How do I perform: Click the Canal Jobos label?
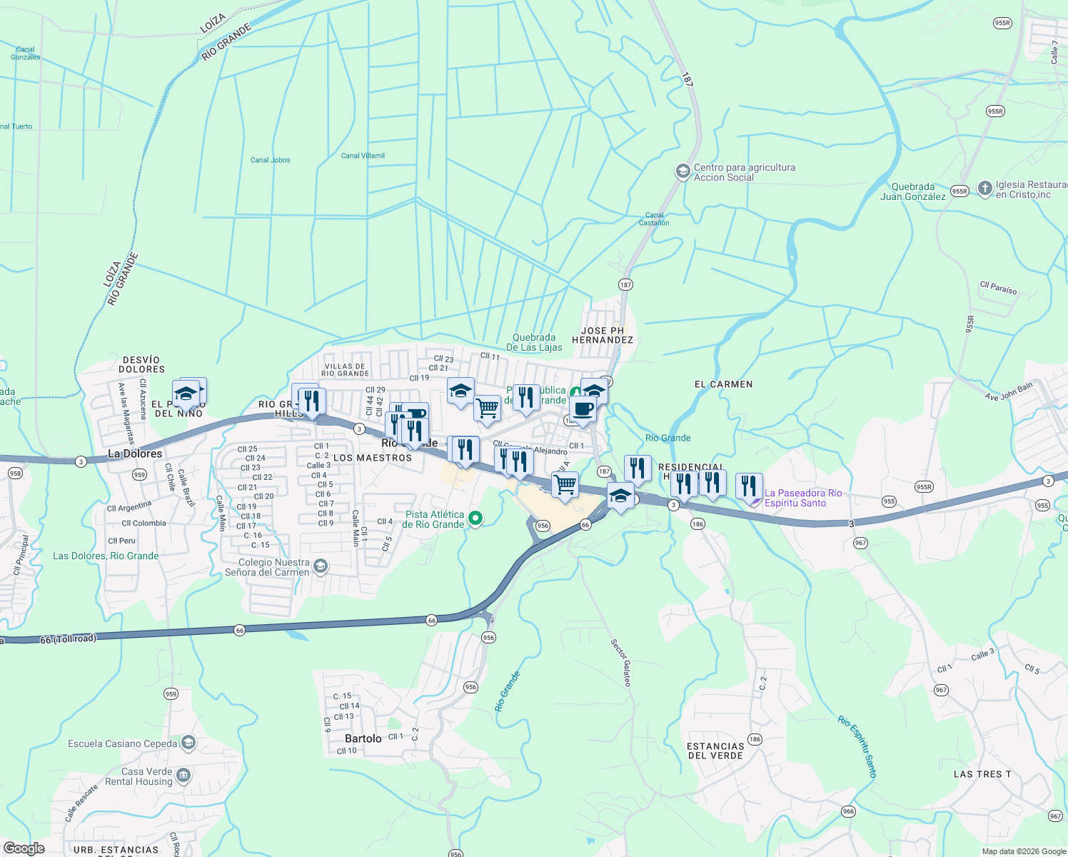pos(270,160)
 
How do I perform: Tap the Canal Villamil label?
pos(363,156)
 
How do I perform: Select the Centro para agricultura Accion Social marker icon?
pos(682,171)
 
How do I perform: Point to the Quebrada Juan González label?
pos(912,191)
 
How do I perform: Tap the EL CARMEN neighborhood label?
pos(723,384)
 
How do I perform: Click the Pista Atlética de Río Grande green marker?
pos(475,518)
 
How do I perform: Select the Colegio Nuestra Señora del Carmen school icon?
pos(321,567)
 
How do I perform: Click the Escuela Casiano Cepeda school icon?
pos(188,743)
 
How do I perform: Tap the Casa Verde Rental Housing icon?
pos(183,776)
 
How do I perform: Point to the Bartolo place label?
pos(363,738)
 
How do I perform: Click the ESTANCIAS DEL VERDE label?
pos(715,751)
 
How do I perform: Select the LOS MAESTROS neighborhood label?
pos(373,458)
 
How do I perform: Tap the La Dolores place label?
pos(135,453)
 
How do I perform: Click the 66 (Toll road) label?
pos(68,638)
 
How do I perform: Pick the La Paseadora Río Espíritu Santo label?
pos(802,498)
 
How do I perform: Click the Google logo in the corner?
pos(24,848)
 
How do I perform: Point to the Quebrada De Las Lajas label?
pos(534,342)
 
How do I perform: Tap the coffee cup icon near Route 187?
pos(583,410)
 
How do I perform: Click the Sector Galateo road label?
pos(621,663)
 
